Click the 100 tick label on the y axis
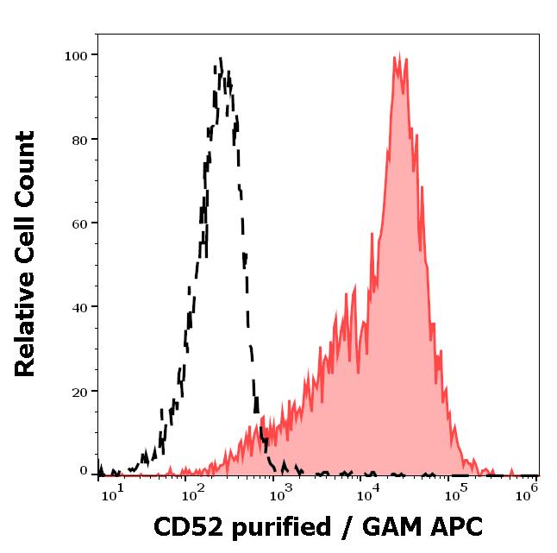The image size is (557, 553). pyautogui.click(x=76, y=56)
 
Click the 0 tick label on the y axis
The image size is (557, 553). pyautogui.click(x=84, y=471)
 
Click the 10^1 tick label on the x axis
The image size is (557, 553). pyautogui.click(x=114, y=492)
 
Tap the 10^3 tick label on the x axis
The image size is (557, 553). pyautogui.click(x=282, y=492)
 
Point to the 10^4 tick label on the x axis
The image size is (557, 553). pyautogui.click(x=368, y=492)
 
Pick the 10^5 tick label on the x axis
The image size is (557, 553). pyautogui.click(x=455, y=492)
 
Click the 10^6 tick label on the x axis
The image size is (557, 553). pyautogui.click(x=527, y=492)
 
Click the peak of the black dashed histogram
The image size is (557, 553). pyautogui.click(x=222, y=58)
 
